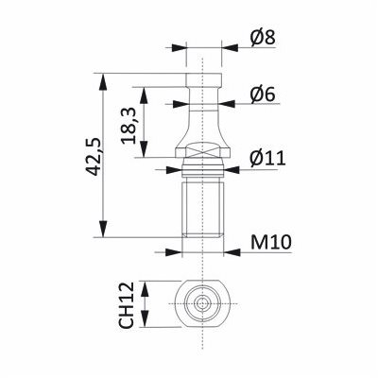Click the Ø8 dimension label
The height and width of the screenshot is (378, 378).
(263, 38)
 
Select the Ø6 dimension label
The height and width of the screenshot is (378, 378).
(263, 94)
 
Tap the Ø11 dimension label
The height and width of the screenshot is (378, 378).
(268, 159)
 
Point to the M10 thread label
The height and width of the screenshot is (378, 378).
(271, 243)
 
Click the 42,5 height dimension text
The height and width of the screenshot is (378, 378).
(94, 156)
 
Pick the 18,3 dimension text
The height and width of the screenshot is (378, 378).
(129, 126)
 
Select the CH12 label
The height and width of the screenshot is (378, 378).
(127, 305)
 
